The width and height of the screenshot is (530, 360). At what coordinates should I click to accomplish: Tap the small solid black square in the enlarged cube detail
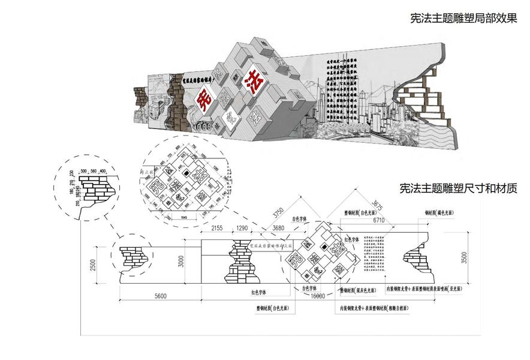[x=187, y=173]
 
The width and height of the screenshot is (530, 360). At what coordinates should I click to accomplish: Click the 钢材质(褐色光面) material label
[x=442, y=212]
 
